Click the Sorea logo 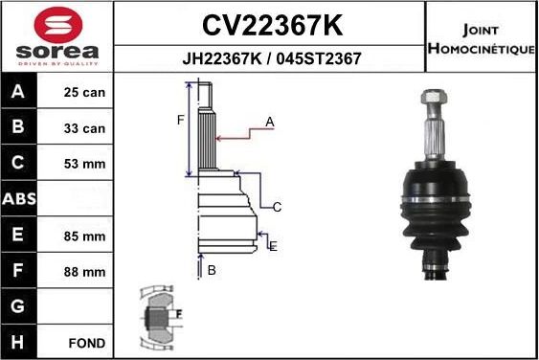pos(57,37)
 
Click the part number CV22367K pos(271,23)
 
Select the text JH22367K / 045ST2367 pos(271,57)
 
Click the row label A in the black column pos(20,94)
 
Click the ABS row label pos(20,200)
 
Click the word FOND pos(86,342)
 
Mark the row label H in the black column pos(20,342)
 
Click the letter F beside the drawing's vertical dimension pos(179,120)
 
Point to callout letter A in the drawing pos(270,122)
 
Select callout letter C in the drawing pos(277,207)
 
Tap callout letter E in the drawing pos(273,246)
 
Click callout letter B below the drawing pos(212,270)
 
